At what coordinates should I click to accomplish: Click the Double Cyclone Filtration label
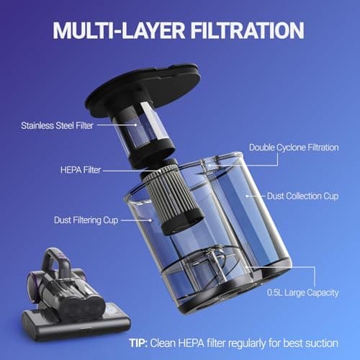coord(292,148)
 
